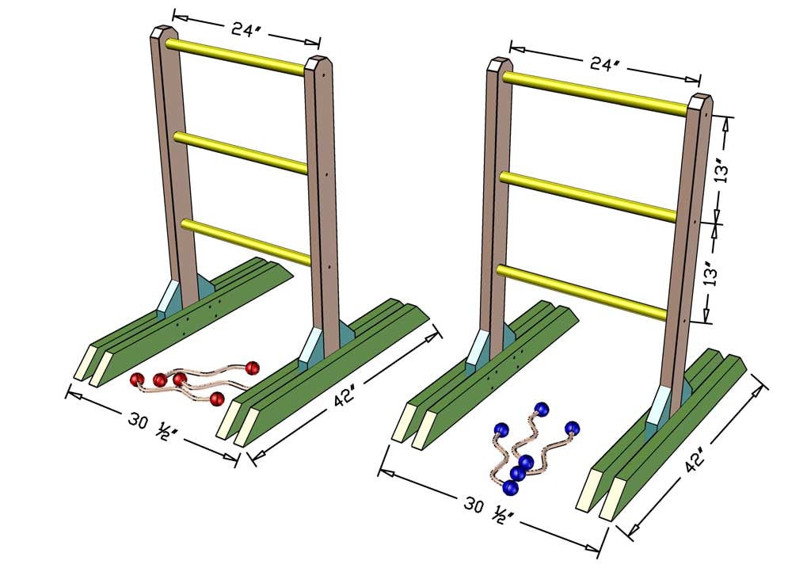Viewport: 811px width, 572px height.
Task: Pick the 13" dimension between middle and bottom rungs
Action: (713, 271)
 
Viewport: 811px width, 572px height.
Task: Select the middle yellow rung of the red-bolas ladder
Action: (241, 152)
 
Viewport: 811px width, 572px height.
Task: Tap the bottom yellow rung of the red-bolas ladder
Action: (246, 241)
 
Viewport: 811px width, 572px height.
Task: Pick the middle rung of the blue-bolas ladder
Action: (588, 196)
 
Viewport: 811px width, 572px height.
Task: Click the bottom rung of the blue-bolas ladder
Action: (582, 292)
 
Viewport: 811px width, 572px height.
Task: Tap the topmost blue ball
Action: (541, 409)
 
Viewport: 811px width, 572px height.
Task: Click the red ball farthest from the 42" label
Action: (136, 380)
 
